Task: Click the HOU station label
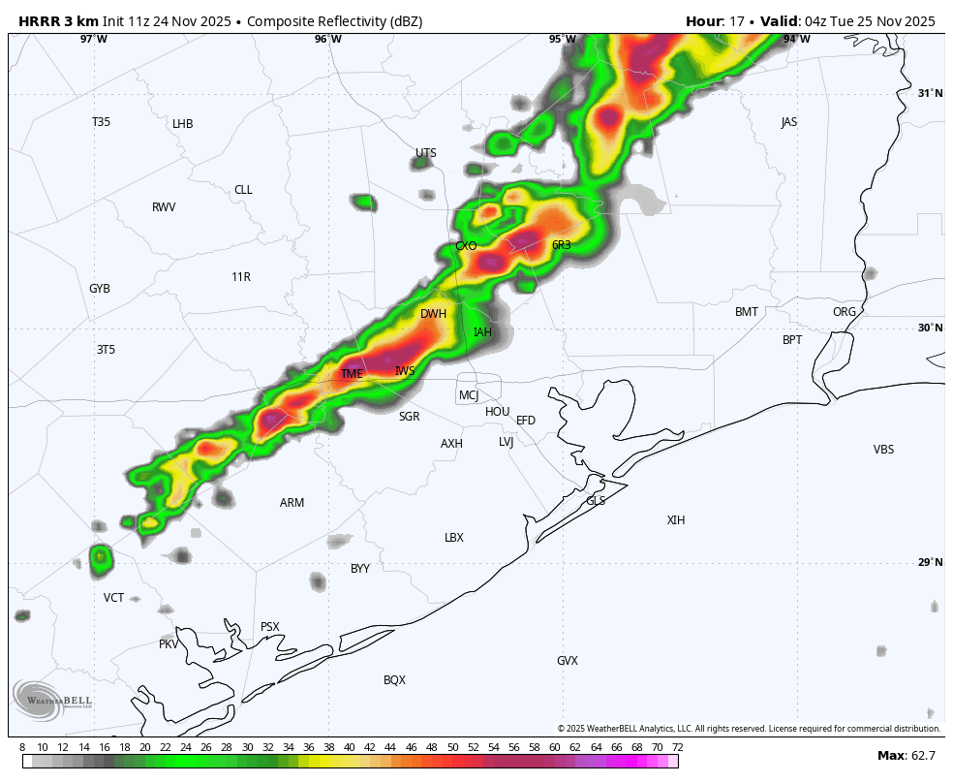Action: [x=497, y=412]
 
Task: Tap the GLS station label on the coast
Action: [x=596, y=501]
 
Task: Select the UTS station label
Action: [x=426, y=153]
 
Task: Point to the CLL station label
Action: [x=243, y=190]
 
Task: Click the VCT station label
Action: [x=114, y=598]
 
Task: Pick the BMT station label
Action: [x=747, y=312]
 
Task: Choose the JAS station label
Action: [x=789, y=122]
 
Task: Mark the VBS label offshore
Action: [x=883, y=450]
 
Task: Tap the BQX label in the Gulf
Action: [x=394, y=680]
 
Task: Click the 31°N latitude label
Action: [x=930, y=93]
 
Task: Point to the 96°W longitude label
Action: [x=328, y=40]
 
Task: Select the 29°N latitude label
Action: [x=930, y=562]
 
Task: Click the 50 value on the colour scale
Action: [x=452, y=747]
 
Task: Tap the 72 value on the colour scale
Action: [x=677, y=747]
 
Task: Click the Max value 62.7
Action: [x=923, y=756]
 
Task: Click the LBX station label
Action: [x=454, y=538]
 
